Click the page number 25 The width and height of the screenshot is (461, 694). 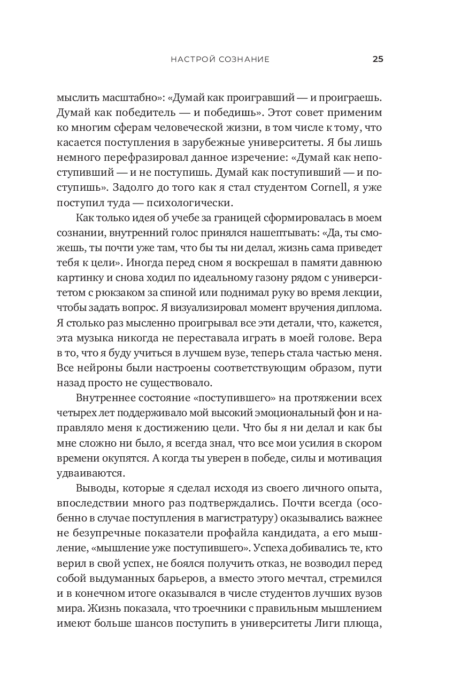click(x=378, y=59)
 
